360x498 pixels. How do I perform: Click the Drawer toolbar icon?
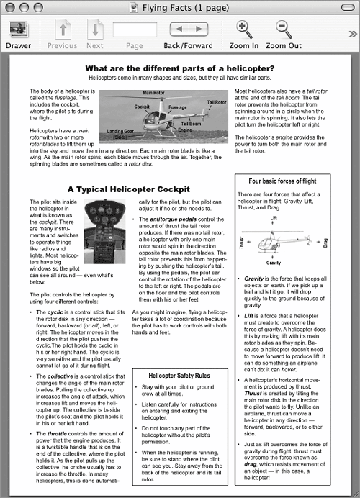18,30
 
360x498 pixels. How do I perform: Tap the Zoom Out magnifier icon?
284,30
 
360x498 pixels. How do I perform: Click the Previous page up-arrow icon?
63,30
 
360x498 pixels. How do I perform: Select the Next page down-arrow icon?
95,30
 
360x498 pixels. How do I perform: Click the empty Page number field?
135,30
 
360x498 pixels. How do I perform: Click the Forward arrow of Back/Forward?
199,30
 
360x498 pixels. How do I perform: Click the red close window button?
10,7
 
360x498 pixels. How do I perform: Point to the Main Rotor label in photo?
153,93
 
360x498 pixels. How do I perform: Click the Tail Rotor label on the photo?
217,102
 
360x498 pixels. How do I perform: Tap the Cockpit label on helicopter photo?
142,107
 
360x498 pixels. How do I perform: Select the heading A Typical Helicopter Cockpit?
129,189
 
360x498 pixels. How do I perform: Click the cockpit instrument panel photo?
104,231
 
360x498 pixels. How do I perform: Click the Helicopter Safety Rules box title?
179,376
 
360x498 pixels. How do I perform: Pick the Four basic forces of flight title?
282,181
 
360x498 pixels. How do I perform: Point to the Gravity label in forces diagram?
274,263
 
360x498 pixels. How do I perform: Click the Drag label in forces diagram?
325,243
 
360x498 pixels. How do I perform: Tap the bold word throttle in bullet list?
57,433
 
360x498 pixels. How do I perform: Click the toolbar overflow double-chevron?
353,34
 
